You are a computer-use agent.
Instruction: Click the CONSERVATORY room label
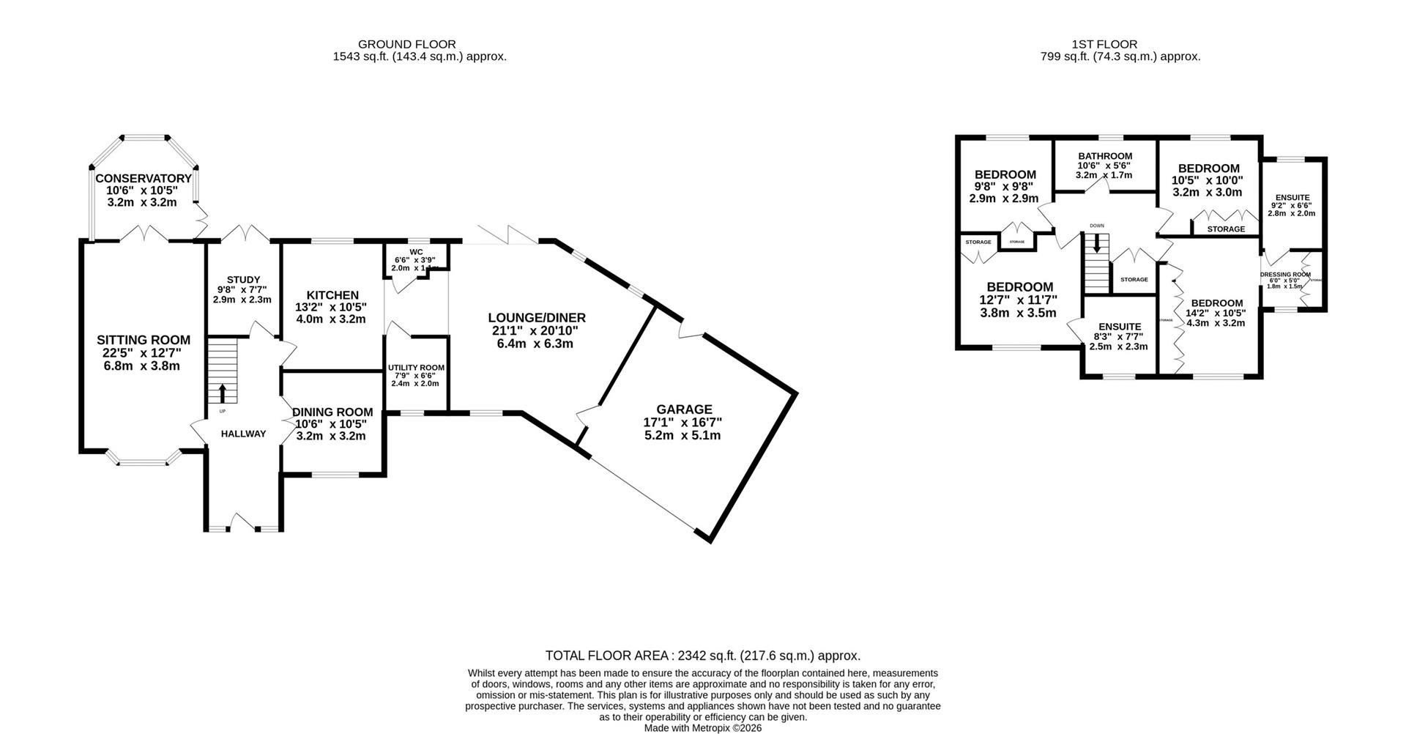[144, 178]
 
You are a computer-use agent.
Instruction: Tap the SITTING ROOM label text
[144, 340]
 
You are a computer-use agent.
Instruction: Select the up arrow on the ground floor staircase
[223, 393]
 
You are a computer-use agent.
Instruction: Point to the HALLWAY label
[243, 434]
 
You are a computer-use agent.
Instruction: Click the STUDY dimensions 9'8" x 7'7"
[242, 289]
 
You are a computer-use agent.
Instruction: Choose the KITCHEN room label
[332, 295]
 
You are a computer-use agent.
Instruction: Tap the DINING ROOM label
[332, 412]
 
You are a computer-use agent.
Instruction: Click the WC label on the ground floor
[416, 251]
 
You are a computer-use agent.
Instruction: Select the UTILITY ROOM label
[416, 368]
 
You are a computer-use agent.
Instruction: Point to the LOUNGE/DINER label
[538, 318]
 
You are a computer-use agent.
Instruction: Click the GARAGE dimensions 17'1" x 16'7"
[684, 423]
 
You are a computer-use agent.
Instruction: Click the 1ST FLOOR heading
[1120, 45]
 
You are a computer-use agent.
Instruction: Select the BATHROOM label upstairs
[1105, 156]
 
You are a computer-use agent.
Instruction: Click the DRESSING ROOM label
[1285, 275]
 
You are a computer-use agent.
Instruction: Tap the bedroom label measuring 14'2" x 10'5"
[1216, 303]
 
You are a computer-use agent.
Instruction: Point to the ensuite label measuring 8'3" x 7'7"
[1120, 327]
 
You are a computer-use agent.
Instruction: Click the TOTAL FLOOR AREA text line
[702, 656]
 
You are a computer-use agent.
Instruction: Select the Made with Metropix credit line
[702, 728]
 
